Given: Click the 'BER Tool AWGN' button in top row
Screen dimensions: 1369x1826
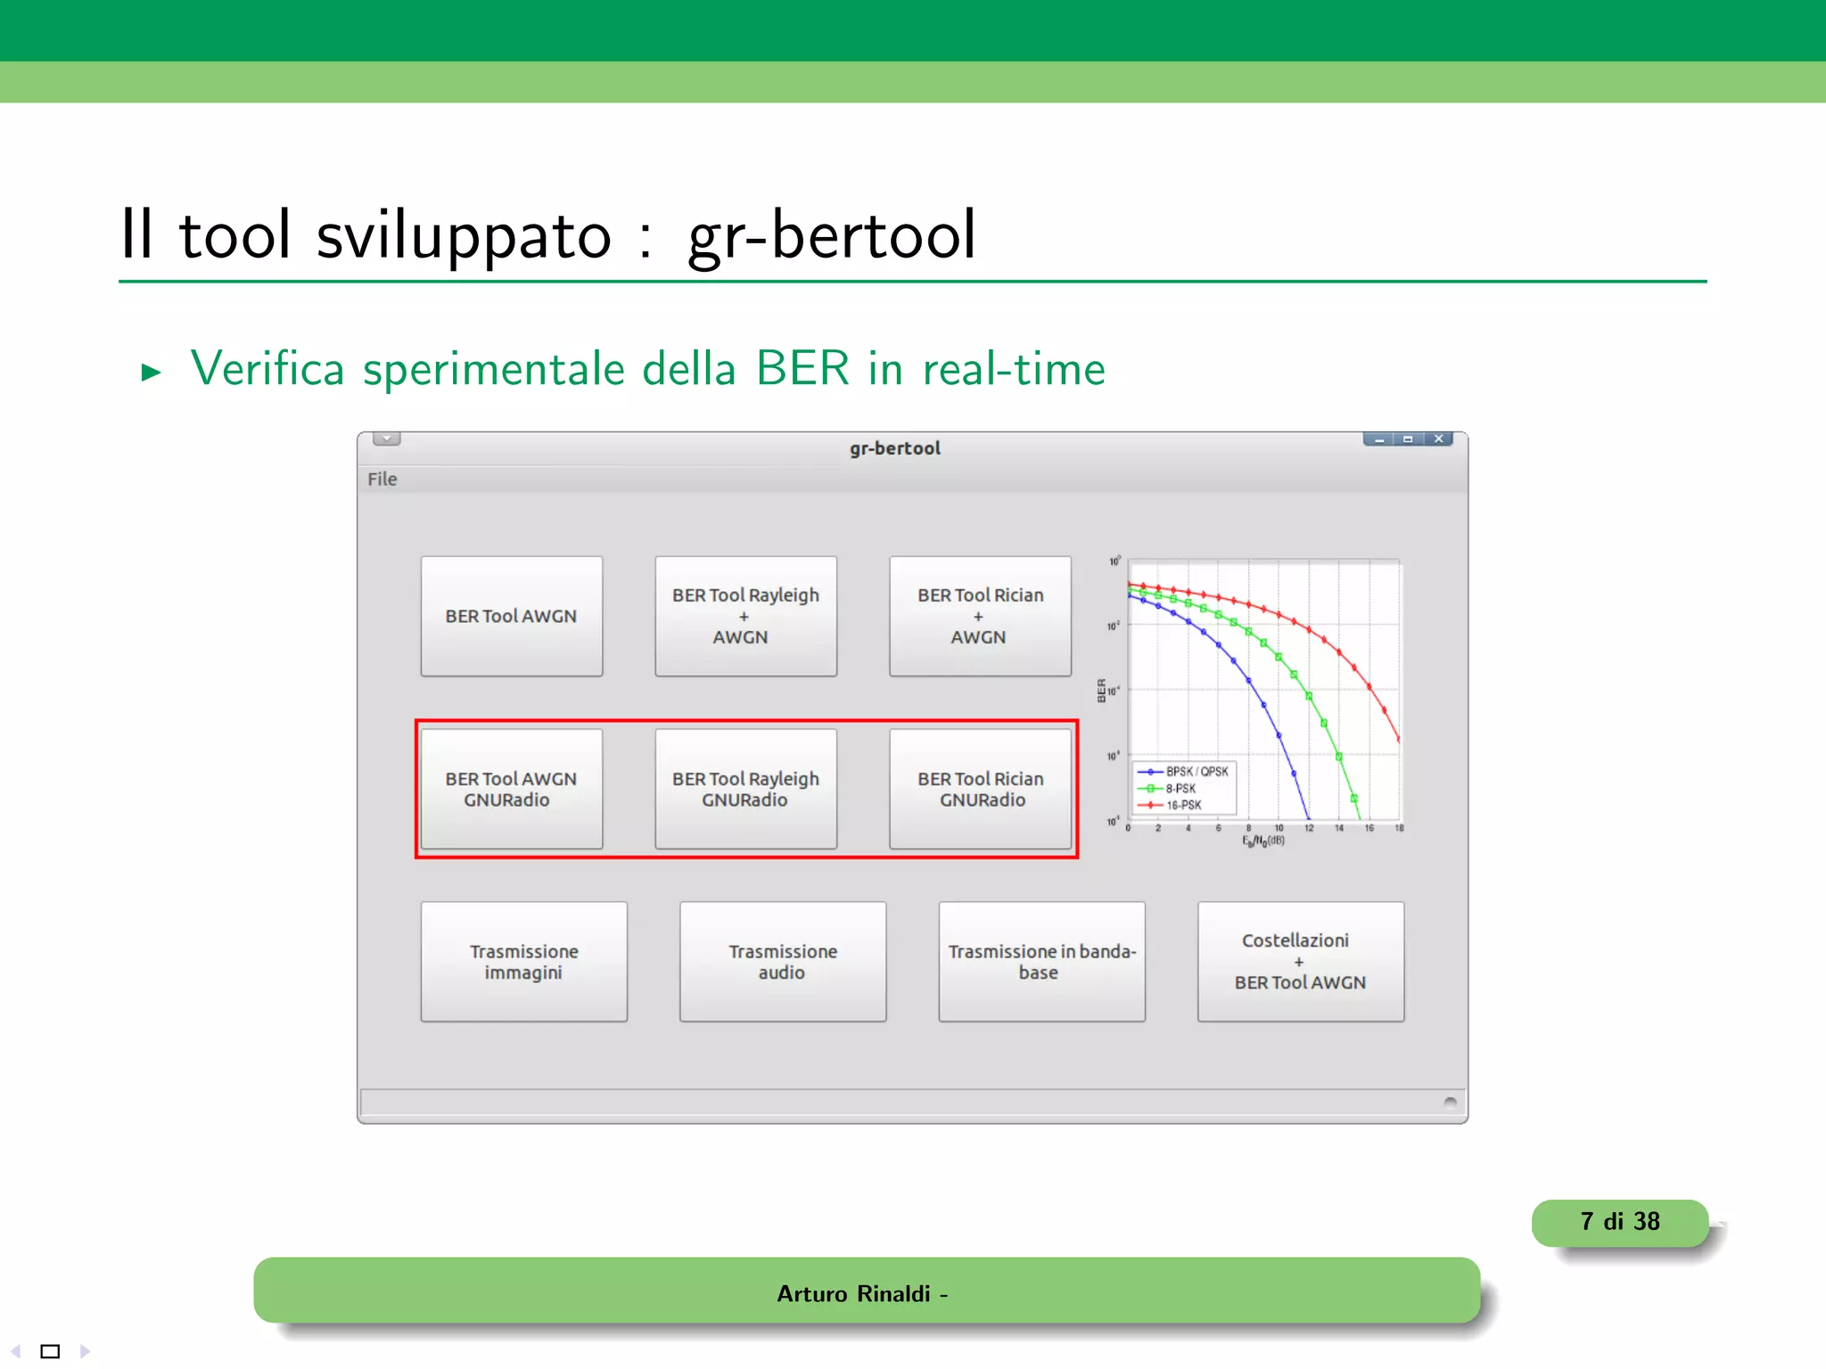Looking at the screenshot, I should [x=511, y=616].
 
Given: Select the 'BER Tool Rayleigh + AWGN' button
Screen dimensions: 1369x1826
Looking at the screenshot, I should [x=745, y=616].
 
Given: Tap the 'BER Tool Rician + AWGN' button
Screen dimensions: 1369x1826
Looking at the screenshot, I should [x=980, y=616].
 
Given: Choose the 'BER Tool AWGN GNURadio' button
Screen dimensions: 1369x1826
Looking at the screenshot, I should [x=511, y=789].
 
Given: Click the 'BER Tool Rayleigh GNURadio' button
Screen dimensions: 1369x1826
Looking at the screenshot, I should [x=745, y=789].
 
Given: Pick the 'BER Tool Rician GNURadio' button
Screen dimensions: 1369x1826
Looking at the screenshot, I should [x=980, y=789].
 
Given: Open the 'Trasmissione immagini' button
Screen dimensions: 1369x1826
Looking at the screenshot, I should [x=523, y=962].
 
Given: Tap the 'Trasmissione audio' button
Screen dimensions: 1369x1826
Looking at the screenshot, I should [x=783, y=962].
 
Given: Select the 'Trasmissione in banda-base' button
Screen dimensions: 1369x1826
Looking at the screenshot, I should [x=1041, y=962].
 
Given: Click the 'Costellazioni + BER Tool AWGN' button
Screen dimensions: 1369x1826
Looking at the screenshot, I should [x=1300, y=962].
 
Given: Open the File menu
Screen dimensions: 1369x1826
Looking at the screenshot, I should [x=382, y=480].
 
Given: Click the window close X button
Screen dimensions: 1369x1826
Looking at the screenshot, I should [x=1438, y=439].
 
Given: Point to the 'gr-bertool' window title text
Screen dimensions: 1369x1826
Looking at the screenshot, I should [x=894, y=448].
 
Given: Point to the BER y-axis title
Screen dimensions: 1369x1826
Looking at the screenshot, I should [x=1102, y=691].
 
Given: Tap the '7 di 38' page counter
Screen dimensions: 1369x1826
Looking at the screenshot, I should [x=1619, y=1222].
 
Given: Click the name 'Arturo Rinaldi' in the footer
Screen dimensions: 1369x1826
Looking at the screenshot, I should [x=853, y=1293].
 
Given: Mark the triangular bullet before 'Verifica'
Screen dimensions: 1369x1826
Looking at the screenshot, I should [x=151, y=372].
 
